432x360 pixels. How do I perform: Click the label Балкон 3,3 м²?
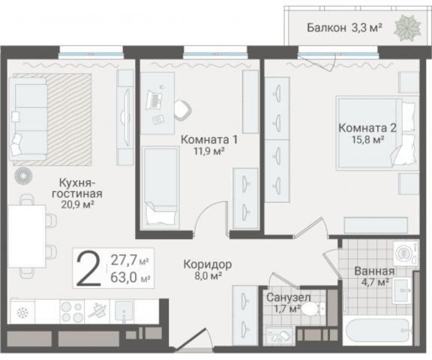point(344,28)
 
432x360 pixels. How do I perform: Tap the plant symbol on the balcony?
point(409,28)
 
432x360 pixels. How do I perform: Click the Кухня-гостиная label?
point(82,187)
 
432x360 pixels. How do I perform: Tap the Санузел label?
point(284,297)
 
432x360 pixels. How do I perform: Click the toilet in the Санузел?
point(315,308)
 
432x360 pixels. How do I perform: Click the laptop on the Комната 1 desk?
point(157,97)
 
